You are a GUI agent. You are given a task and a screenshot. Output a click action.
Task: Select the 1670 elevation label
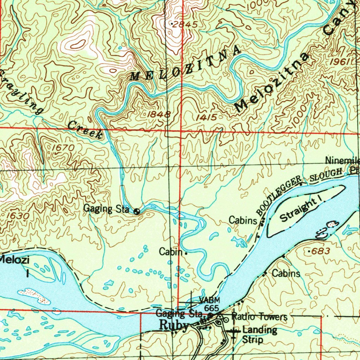(63, 148)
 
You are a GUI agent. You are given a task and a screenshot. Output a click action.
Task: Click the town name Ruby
(174, 325)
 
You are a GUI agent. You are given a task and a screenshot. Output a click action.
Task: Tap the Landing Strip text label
(259, 335)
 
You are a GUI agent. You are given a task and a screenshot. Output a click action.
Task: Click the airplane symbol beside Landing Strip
(233, 331)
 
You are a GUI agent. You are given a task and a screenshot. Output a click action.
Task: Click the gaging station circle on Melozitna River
(137, 211)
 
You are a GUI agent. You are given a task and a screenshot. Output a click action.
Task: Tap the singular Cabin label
(171, 252)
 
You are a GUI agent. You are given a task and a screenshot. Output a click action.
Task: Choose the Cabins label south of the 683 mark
(286, 273)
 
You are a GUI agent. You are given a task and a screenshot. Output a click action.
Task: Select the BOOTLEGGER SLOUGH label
(299, 190)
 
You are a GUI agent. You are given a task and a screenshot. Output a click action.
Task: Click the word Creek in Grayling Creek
(85, 129)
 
